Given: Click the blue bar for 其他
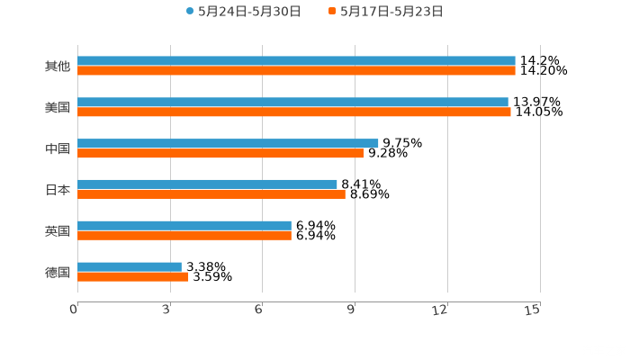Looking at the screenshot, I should click(296, 61).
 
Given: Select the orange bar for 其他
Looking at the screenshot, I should click(296, 71).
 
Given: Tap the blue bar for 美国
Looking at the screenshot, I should click(292, 103).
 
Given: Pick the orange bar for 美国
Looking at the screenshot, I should click(294, 112).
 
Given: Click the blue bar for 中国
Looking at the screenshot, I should click(228, 143).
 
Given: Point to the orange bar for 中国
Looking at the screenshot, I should click(220, 154).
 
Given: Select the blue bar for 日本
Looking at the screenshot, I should click(207, 184).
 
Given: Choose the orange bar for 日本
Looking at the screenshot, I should click(211, 194).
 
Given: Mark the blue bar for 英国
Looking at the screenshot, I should click(184, 225).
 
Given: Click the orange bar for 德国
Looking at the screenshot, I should click(133, 277).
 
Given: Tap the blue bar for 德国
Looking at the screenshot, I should click(130, 266).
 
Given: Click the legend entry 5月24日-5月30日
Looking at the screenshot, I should click(243, 12).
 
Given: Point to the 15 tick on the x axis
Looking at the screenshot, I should click(533, 310).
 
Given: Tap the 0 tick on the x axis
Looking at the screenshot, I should click(75, 310).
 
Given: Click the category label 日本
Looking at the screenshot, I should click(58, 190).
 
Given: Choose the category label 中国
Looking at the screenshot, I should click(58, 148).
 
